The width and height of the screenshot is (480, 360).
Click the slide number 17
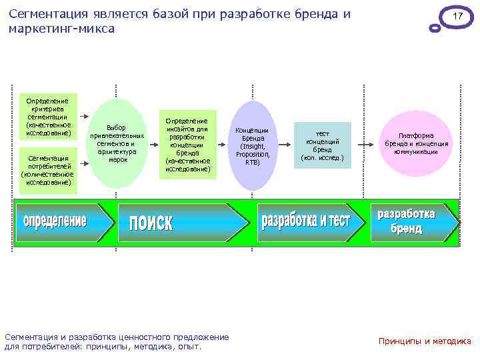457,16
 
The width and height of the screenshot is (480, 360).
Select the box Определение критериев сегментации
48,117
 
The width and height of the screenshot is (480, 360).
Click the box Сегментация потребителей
48,171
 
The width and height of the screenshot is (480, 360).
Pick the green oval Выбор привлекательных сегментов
117,143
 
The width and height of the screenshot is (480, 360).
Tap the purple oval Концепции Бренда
253,145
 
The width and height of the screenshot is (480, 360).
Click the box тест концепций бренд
322,146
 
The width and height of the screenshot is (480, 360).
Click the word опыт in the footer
189,347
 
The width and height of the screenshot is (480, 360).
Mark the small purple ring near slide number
435,28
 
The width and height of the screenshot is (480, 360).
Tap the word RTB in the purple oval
253,162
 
